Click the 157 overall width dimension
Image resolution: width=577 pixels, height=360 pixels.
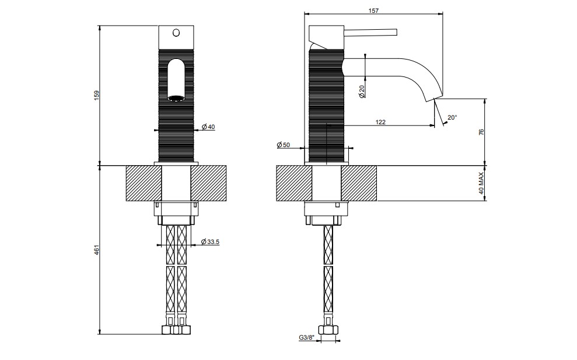tap(373, 11)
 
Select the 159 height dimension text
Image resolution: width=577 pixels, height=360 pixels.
tap(97, 95)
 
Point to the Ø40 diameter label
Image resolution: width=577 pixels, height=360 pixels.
tap(208, 127)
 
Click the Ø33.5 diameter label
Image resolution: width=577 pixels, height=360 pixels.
tap(211, 242)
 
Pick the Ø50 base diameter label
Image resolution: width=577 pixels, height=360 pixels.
tap(284, 145)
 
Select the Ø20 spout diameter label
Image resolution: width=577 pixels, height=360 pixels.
tap(361, 91)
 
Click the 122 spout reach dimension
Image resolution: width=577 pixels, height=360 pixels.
tap(380, 122)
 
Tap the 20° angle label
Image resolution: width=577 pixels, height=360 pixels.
tap(452, 117)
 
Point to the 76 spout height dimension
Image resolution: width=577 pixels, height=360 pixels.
tap(481, 132)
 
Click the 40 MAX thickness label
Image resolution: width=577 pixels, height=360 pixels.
tap(481, 183)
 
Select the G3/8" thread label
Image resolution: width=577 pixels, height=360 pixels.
tap(307, 337)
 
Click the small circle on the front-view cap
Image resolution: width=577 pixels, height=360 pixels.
tap(176, 33)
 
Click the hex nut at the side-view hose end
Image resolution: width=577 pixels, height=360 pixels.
tap(328, 330)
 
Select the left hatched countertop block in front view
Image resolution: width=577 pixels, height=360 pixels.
tap(144, 183)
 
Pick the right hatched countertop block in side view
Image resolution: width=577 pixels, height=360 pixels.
tap(359, 183)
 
